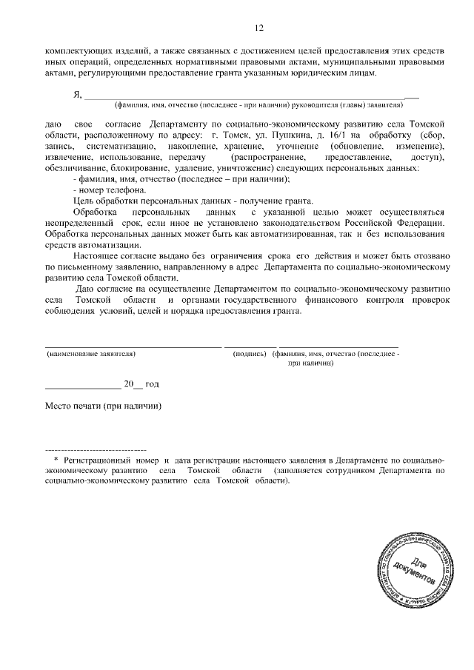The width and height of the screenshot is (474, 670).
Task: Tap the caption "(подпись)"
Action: [x=249, y=355]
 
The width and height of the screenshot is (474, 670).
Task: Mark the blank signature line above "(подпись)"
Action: [x=250, y=346]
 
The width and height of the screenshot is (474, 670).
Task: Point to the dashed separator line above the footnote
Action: [x=96, y=449]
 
